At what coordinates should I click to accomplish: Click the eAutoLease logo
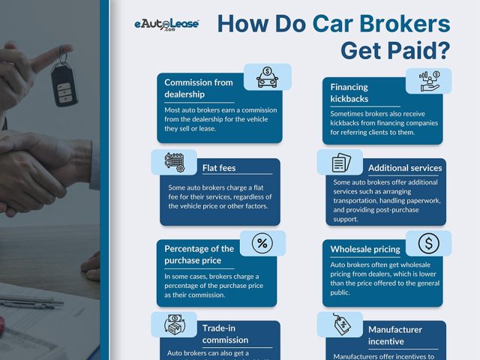click(x=166, y=25)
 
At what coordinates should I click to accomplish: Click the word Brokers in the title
click(x=400, y=24)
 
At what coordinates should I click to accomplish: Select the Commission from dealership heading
click(x=199, y=88)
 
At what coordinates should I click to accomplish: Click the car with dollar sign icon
click(x=268, y=75)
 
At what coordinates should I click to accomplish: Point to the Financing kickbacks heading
click(x=349, y=92)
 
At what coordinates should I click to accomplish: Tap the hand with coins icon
click(x=428, y=80)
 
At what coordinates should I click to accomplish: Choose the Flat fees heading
click(x=219, y=167)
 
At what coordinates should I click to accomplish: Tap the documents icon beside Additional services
click(x=340, y=162)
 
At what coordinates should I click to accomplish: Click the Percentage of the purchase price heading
click(x=199, y=254)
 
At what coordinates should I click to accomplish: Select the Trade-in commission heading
click(x=225, y=334)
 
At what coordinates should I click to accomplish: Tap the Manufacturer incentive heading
click(x=395, y=335)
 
